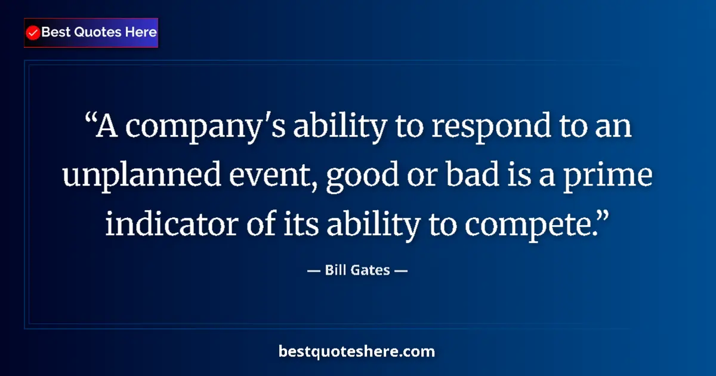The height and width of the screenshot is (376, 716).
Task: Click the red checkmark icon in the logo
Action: [33, 33]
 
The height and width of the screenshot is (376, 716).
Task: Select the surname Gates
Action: [374, 270]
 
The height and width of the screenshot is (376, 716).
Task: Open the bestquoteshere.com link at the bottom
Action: [357, 352]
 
